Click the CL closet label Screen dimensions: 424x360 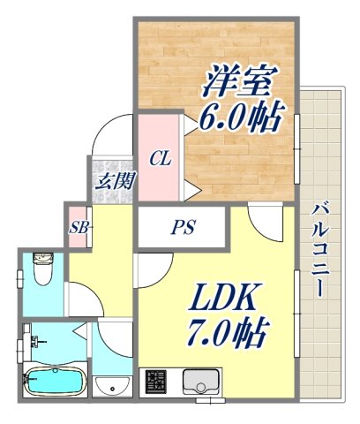159,159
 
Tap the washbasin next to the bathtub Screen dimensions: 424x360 111,386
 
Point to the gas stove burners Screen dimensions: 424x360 157,382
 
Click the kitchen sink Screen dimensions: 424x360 203,382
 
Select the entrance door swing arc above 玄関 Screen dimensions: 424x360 110,137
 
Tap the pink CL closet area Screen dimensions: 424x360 159,177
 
